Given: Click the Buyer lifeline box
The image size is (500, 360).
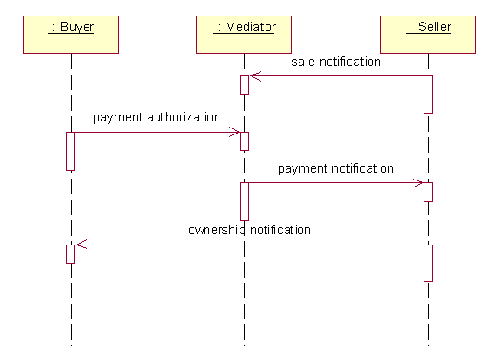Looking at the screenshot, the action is pos(71,35).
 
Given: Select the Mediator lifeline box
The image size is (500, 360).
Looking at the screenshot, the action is pos(244,35).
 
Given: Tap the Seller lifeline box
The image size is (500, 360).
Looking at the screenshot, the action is pos(428,35).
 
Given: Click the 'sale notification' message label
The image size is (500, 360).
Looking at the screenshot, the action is pos(336,62).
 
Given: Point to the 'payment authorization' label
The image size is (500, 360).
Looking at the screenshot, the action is pos(157,118).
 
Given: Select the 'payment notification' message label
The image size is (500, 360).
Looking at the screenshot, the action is pos(336,168).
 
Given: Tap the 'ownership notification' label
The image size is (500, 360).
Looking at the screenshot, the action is pos(249,230).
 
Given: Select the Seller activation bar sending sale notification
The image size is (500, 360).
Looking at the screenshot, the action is pos(428,95).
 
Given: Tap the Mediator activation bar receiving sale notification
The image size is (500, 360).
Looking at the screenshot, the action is pos(245,85).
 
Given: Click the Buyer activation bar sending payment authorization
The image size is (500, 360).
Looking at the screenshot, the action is pos(70,151).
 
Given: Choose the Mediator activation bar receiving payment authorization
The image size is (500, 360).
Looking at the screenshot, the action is pos(245,141).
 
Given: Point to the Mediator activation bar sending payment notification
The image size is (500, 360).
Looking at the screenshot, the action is pos(245,201).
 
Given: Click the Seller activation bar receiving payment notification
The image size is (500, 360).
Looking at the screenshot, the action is pos(428,192).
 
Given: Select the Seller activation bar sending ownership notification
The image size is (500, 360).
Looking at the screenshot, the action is pos(428,263).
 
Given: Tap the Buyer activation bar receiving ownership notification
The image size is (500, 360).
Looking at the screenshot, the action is pos(70,254).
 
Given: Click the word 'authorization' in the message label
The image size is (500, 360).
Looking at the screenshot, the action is pos(184,117).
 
